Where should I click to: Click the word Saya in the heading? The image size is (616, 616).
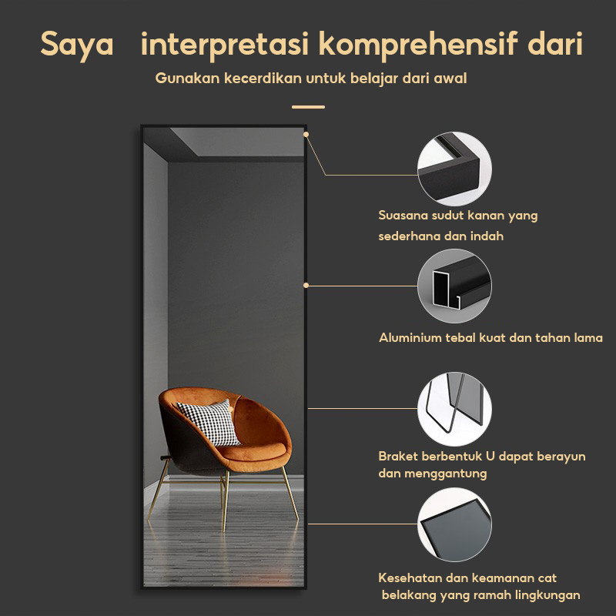pyautogui.click(x=77, y=45)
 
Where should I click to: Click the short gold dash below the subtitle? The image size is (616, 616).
pyautogui.click(x=309, y=107)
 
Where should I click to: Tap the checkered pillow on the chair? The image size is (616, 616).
pyautogui.click(x=209, y=422)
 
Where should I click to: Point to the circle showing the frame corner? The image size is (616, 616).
pyautogui.click(x=454, y=169)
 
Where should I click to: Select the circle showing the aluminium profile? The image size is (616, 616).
pyautogui.click(x=454, y=286)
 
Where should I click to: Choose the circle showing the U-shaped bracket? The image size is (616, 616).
pyautogui.click(x=454, y=409)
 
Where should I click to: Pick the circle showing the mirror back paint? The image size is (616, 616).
pyautogui.click(x=454, y=525)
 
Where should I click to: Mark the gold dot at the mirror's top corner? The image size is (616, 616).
pyautogui.click(x=306, y=134)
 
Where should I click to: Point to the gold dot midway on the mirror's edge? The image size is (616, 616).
pyautogui.click(x=306, y=285)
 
